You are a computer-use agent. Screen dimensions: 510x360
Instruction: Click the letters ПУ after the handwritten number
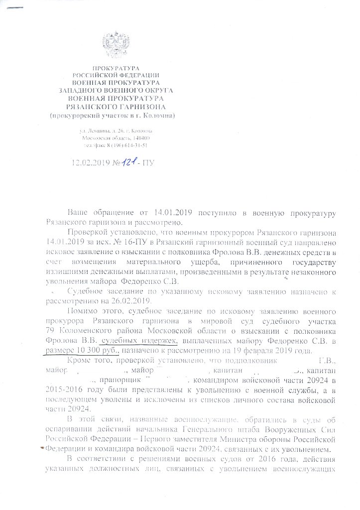pos(148,162)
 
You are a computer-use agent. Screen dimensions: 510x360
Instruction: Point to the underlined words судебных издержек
pos(139,340)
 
